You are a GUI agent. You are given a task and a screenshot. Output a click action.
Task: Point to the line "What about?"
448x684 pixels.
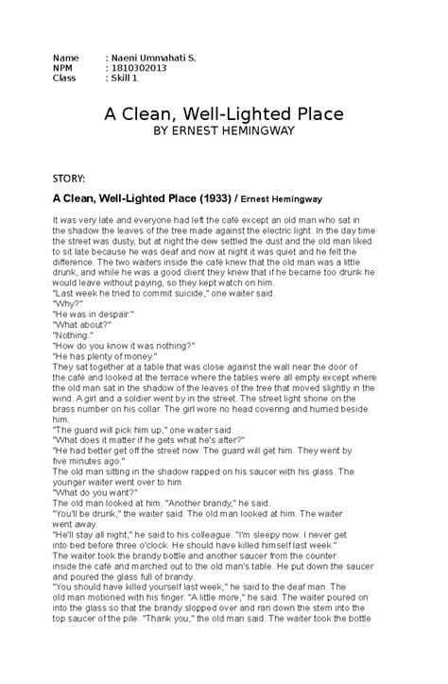pos(80,326)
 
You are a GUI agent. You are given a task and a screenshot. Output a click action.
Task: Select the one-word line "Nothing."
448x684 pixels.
pos(74,336)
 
